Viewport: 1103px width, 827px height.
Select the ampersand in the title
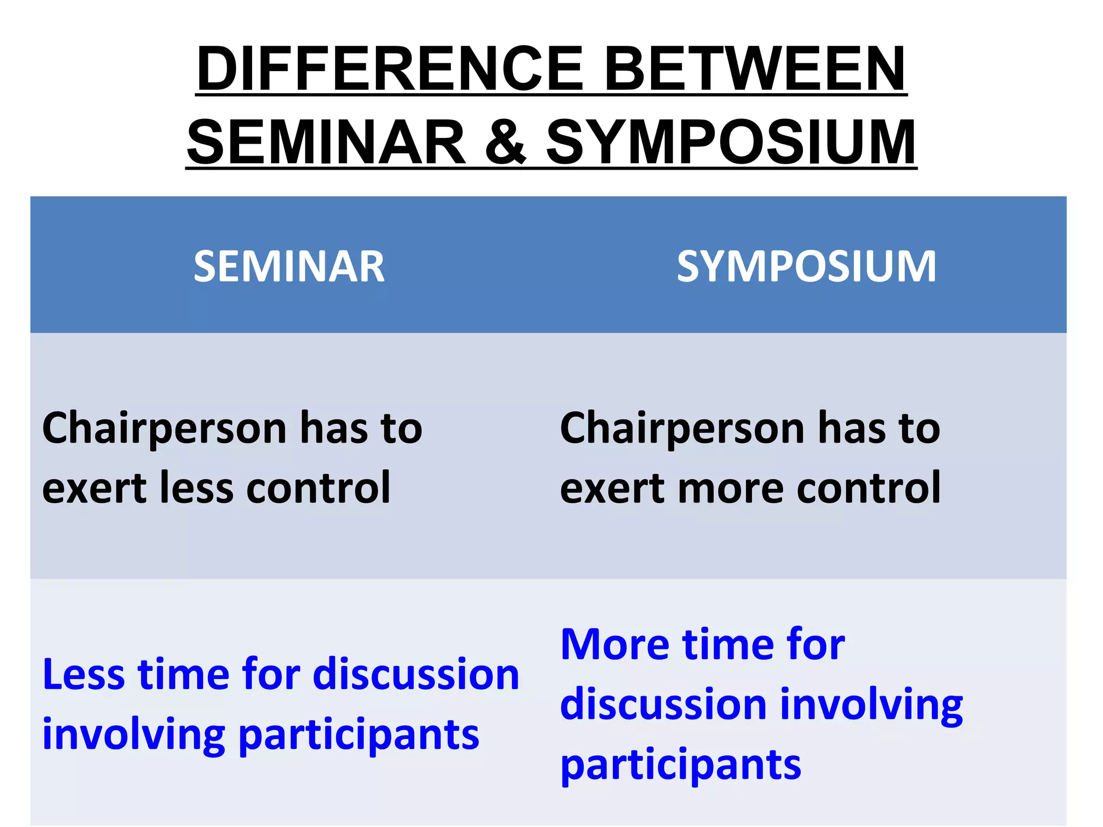click(505, 142)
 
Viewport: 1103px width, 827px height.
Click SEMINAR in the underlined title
click(326, 142)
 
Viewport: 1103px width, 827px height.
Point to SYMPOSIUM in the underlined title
click(731, 142)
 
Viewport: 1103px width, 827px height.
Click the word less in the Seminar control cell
click(197, 488)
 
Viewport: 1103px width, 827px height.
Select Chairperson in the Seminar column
click(164, 428)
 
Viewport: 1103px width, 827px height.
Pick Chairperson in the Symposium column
click(682, 428)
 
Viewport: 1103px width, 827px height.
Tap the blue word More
click(614, 644)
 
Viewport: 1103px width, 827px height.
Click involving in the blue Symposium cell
click(871, 705)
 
